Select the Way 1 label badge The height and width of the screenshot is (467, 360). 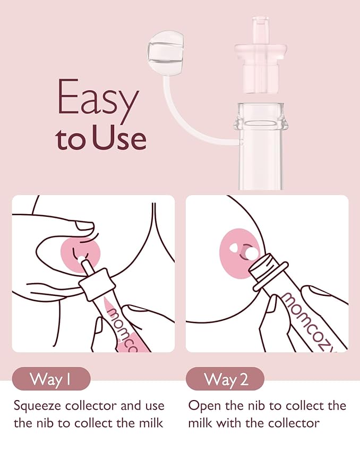click(52, 379)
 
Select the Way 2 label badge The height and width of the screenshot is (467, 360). click(225, 379)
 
